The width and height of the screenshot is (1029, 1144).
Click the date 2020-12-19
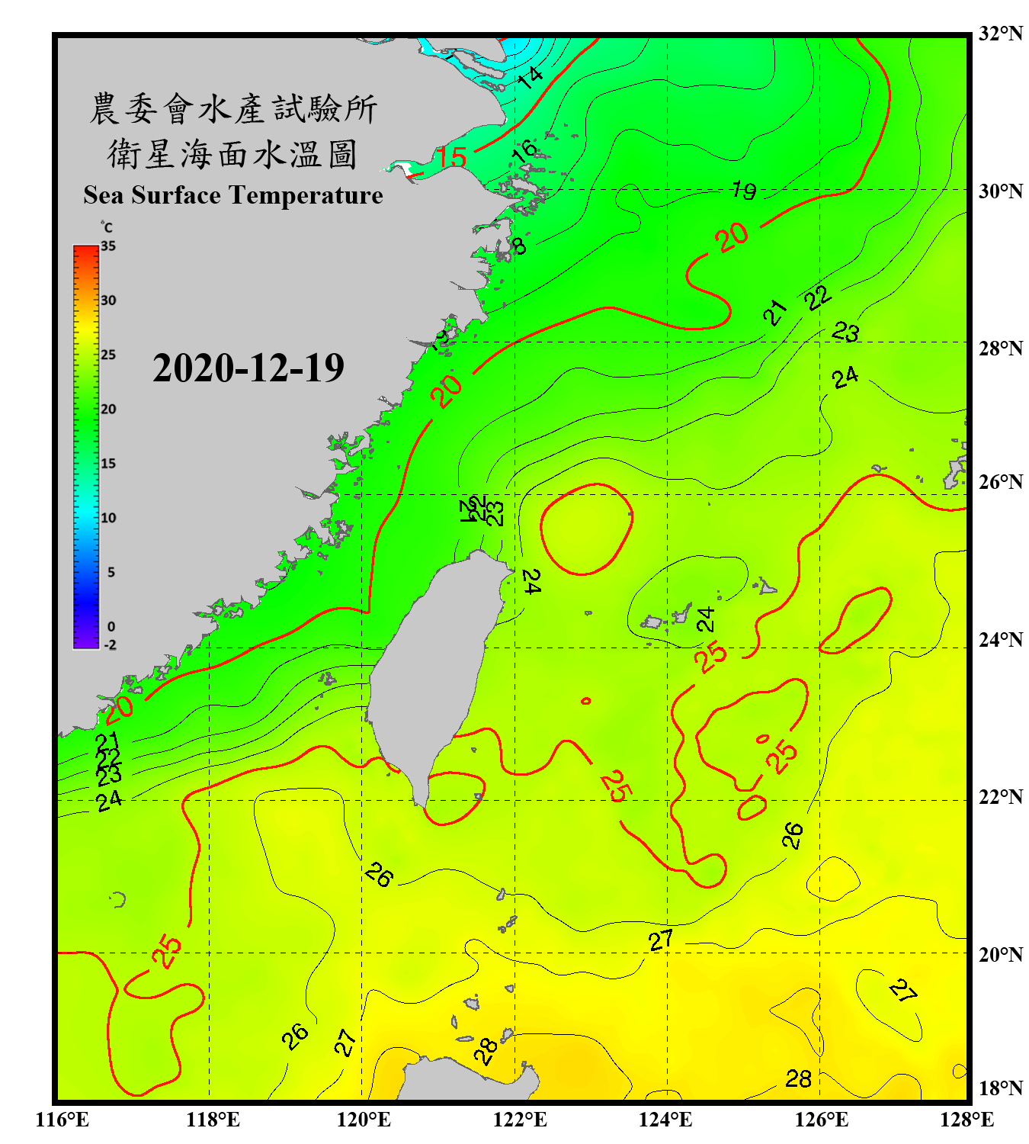click(248, 368)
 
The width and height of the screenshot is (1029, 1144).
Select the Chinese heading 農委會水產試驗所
click(233, 109)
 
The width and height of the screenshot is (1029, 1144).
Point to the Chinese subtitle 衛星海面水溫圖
click(232, 154)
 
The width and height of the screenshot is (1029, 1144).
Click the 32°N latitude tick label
click(1000, 34)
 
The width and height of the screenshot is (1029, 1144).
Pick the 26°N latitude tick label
click(1000, 482)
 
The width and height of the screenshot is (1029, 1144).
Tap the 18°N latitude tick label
click(1000, 1088)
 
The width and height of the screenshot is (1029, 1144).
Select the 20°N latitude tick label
click(1000, 954)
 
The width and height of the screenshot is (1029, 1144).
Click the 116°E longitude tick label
click(63, 1120)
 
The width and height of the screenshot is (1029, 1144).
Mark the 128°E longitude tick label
click(966, 1120)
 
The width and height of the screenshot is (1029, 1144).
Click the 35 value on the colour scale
click(108, 246)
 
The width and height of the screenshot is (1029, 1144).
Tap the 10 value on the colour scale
click(108, 518)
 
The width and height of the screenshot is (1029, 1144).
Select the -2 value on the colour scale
click(110, 645)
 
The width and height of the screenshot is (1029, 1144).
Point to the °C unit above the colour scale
click(107, 227)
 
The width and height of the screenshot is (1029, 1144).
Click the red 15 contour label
click(451, 158)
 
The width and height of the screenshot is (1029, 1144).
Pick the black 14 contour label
click(530, 76)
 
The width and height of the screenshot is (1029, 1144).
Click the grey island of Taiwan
click(434, 671)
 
